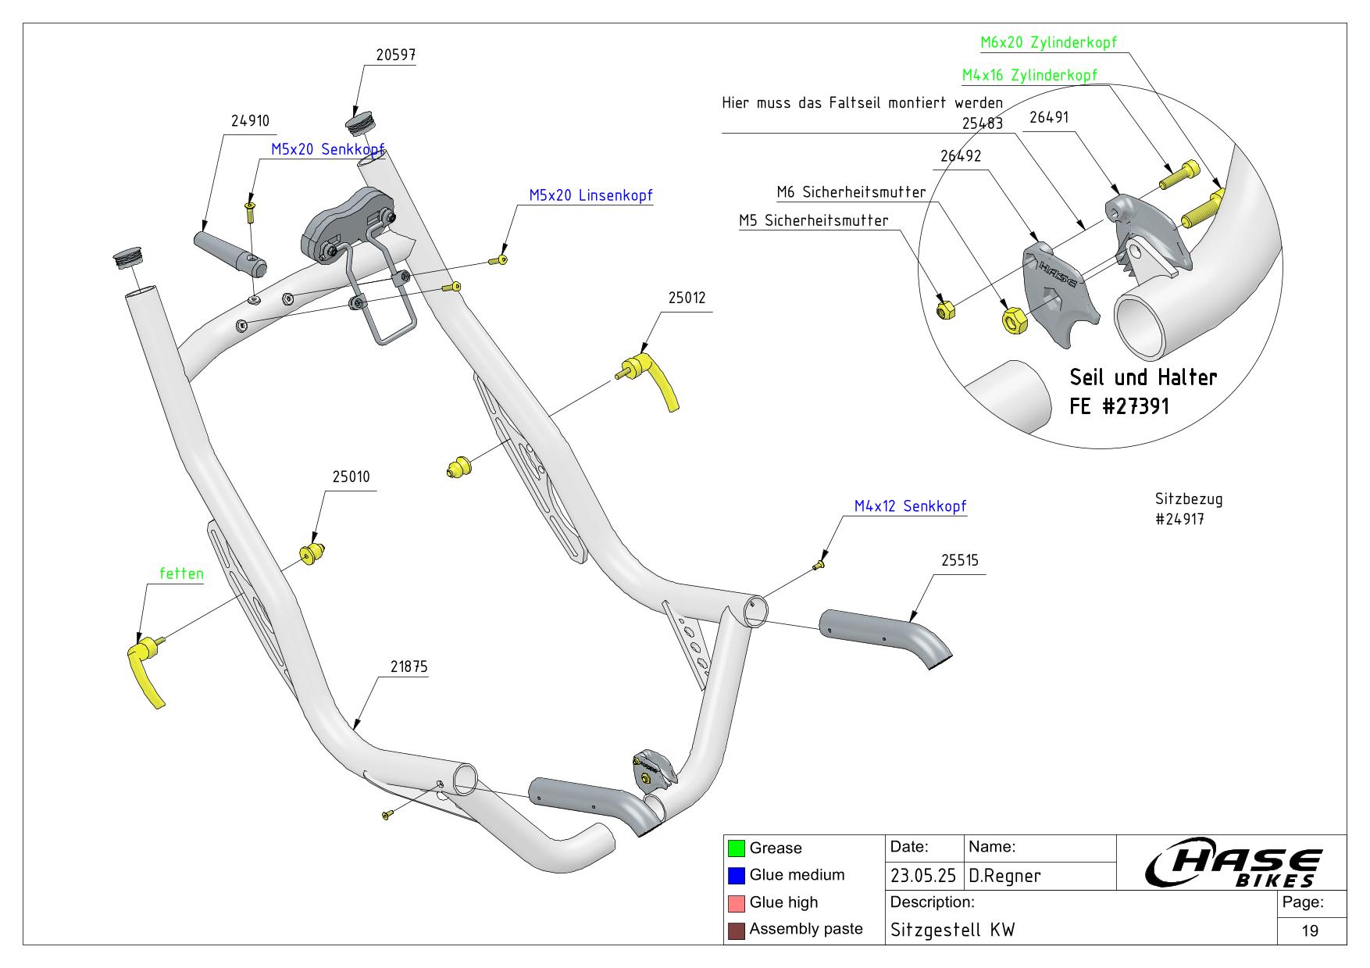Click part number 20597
pyautogui.click(x=395, y=55)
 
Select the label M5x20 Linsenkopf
pyautogui.click(x=590, y=195)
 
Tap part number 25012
pyautogui.click(x=687, y=298)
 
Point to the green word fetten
pyautogui.click(x=181, y=573)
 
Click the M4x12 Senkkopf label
pyautogui.click(x=910, y=506)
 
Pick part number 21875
pyautogui.click(x=409, y=667)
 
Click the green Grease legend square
pyautogui.click(x=736, y=848)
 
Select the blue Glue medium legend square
pyautogui.click(x=736, y=875)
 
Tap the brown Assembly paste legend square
pyautogui.click(x=736, y=930)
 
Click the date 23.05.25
pyautogui.click(x=924, y=876)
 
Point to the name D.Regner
pyautogui.click(x=1004, y=876)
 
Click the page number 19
pyautogui.click(x=1310, y=930)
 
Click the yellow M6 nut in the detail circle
pyautogui.click(x=1013, y=319)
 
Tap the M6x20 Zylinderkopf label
pyautogui.click(x=1048, y=42)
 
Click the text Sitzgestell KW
pyautogui.click(x=953, y=930)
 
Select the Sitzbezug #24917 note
pyautogui.click(x=1189, y=508)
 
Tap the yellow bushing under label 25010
pyautogui.click(x=312, y=553)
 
